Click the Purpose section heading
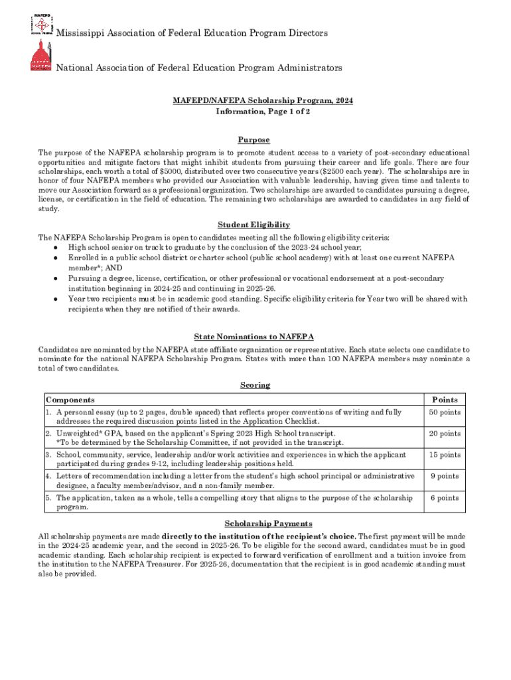coord(254,140)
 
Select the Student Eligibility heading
coord(254,225)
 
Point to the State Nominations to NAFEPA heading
coord(254,337)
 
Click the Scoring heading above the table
coord(254,385)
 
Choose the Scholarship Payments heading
coord(254,524)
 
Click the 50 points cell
coord(444,413)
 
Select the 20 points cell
coord(444,434)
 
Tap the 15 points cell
coord(444,455)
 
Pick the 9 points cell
coord(444,476)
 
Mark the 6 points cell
coord(444,498)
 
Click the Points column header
coord(444,400)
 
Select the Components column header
coord(70,400)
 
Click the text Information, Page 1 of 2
coord(263,112)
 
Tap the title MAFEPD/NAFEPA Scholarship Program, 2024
coord(263,100)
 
